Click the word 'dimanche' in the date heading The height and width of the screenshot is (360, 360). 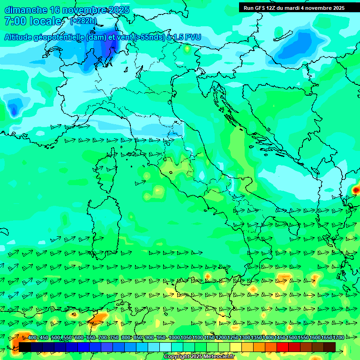click(x=26, y=10)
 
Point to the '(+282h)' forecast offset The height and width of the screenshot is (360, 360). click(x=83, y=21)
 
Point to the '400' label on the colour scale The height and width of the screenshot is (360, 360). click(x=32, y=338)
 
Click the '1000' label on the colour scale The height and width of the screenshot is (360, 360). click(x=174, y=338)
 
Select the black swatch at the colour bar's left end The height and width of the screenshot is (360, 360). click(x=24, y=347)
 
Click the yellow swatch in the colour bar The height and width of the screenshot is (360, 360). click(x=236, y=347)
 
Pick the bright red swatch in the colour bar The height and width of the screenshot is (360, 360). click(x=283, y=347)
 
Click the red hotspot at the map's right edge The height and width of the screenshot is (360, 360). click(x=356, y=190)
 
